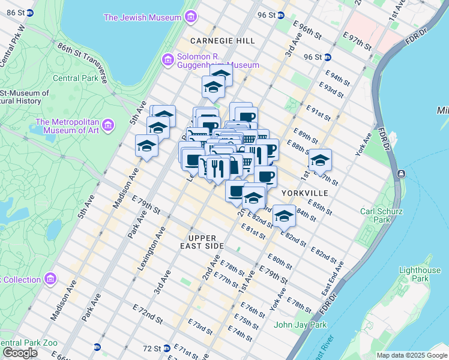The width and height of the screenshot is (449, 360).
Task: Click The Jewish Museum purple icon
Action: pyautogui.click(x=191, y=17)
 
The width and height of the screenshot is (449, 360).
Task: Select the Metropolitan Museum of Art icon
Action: pyautogui.click(x=108, y=125)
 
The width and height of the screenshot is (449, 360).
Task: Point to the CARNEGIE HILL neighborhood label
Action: pyautogui.click(x=223, y=40)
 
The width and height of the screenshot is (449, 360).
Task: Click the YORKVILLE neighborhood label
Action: pyautogui.click(x=305, y=193)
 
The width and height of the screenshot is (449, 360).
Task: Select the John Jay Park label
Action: pyautogui.click(x=300, y=325)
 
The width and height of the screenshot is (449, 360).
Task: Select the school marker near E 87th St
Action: pyautogui.click(x=321, y=161)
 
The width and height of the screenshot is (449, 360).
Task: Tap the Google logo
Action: pyautogui.click(x=20, y=353)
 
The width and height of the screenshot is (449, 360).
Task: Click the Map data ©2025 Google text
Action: pyautogui.click(x=411, y=355)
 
